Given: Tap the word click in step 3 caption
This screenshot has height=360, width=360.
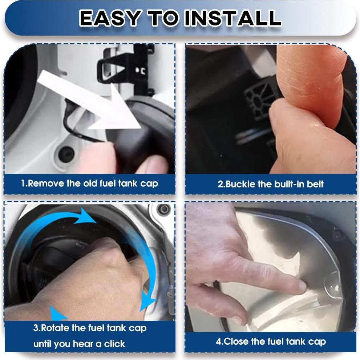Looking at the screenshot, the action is pos(114,344).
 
